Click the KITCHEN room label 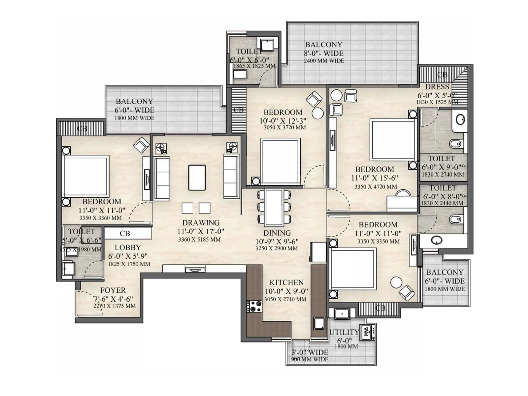[x=286, y=282]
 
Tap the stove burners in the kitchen [x=254, y=306]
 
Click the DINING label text [x=277, y=233]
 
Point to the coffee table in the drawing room [x=197, y=178]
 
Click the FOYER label [x=113, y=290]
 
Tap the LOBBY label [x=128, y=247]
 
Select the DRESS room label [x=437, y=87]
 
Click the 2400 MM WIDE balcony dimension [x=324, y=61]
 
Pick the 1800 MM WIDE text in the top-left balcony [x=134, y=118]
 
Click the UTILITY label [x=344, y=332]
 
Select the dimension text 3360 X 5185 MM [x=199, y=240]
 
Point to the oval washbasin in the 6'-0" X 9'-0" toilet [x=460, y=119]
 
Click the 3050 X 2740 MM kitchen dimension [x=285, y=299]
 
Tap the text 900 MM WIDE [x=310, y=359]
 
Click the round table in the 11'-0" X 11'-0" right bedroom [x=396, y=282]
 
